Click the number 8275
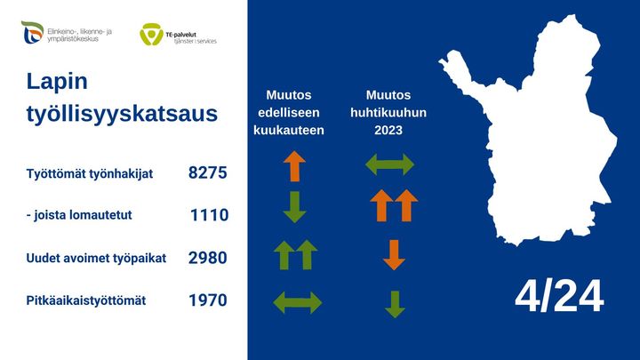point(208,172)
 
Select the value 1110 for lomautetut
point(210,215)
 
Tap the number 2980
point(208,258)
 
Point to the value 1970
point(208,300)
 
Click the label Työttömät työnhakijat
point(90,173)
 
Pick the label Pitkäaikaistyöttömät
point(86,300)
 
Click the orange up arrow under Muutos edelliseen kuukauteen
point(294,166)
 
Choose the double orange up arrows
point(394,206)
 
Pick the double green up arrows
point(295,255)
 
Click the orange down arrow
point(394,254)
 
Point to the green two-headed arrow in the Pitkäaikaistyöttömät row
point(297,302)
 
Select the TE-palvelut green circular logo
point(150,36)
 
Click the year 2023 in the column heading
point(389,130)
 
